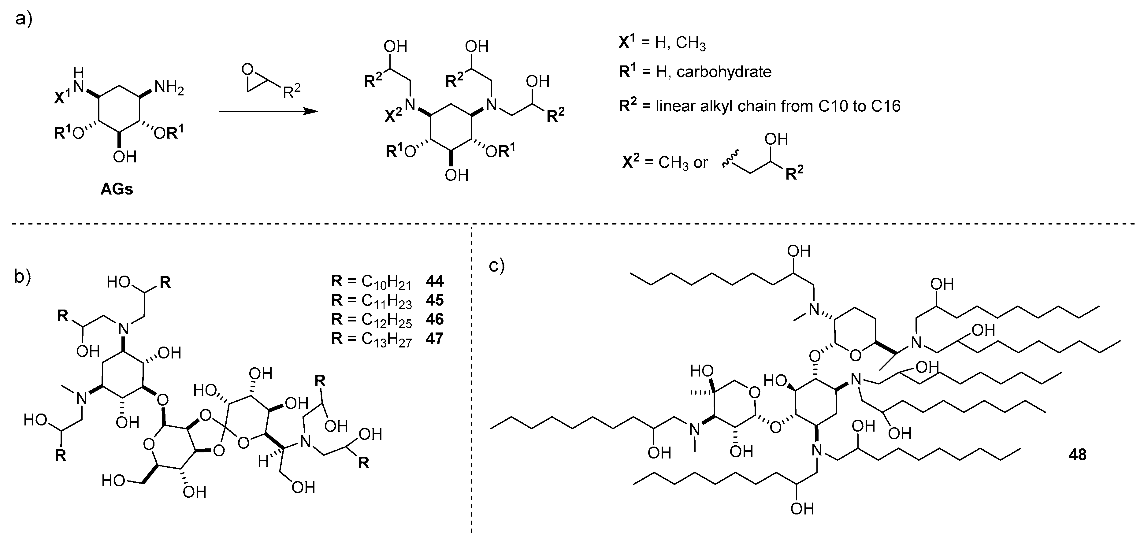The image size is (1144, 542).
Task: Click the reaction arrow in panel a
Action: (269, 111)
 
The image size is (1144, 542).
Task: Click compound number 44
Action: (434, 281)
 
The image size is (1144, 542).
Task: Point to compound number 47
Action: (434, 338)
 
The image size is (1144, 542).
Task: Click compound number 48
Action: (1077, 455)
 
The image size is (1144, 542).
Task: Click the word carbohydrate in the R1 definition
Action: (724, 72)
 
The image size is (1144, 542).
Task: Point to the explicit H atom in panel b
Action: (263, 462)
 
